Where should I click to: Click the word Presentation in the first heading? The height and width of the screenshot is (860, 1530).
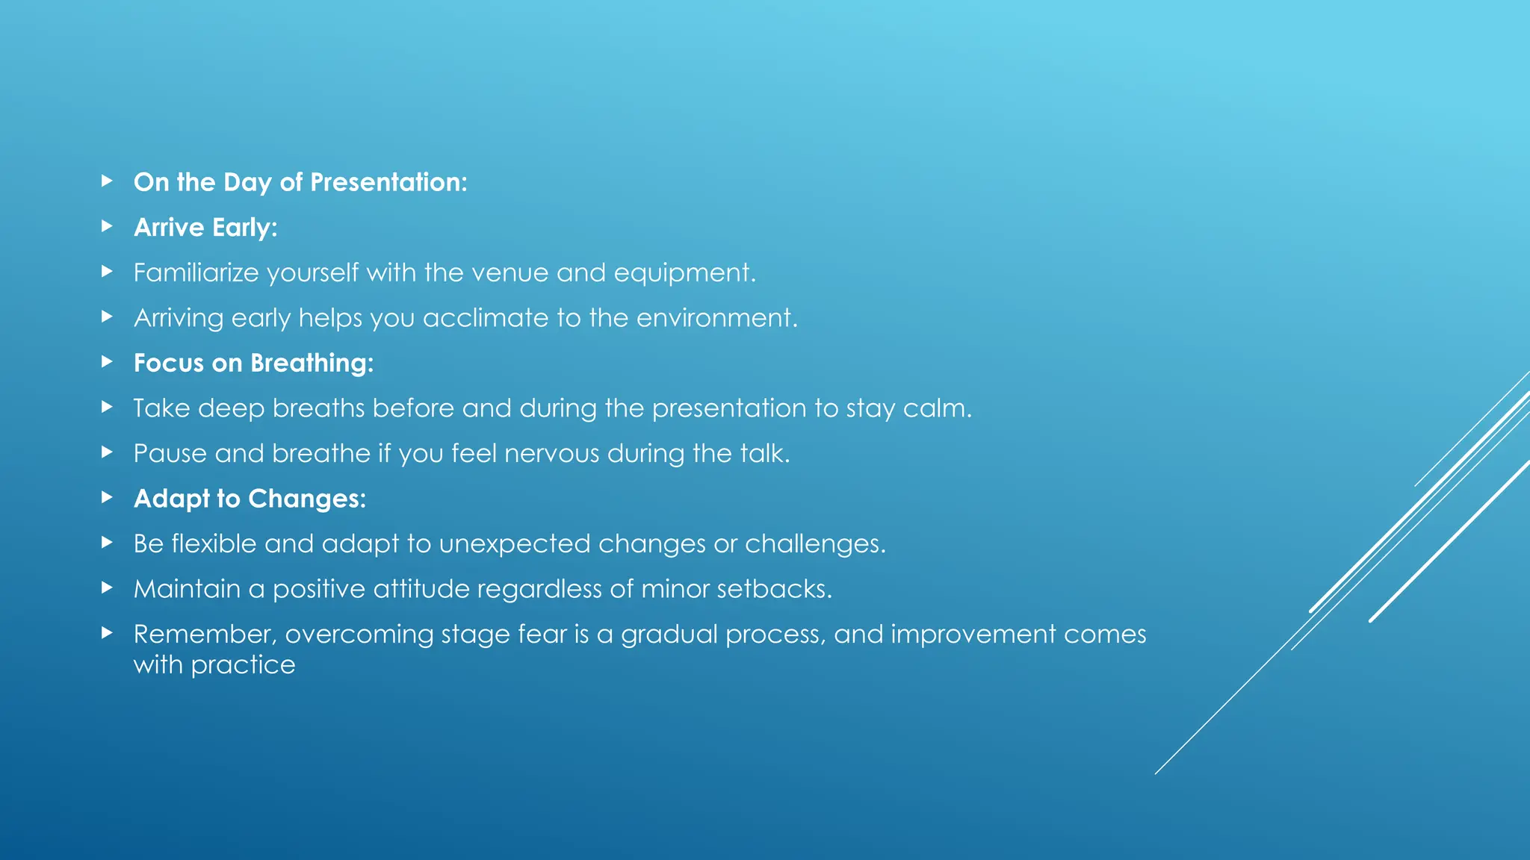click(388, 183)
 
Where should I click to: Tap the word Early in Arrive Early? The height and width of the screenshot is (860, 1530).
click(244, 228)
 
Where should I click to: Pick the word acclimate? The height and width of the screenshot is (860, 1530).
click(486, 319)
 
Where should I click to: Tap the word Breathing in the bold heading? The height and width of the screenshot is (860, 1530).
click(312, 364)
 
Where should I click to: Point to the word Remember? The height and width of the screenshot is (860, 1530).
click(204, 635)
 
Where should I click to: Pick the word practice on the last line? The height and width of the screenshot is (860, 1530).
click(243, 666)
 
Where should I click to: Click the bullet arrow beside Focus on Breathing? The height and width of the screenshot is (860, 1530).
click(107, 362)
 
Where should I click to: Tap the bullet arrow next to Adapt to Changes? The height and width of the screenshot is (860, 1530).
click(107, 497)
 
